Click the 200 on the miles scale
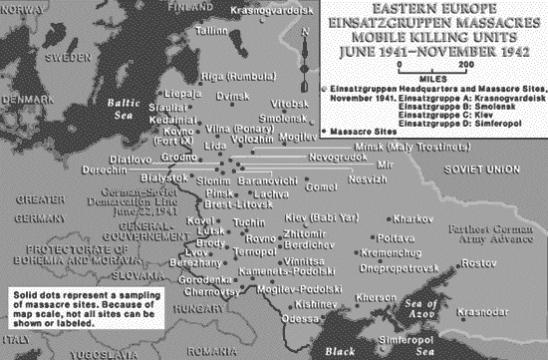(465, 65)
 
